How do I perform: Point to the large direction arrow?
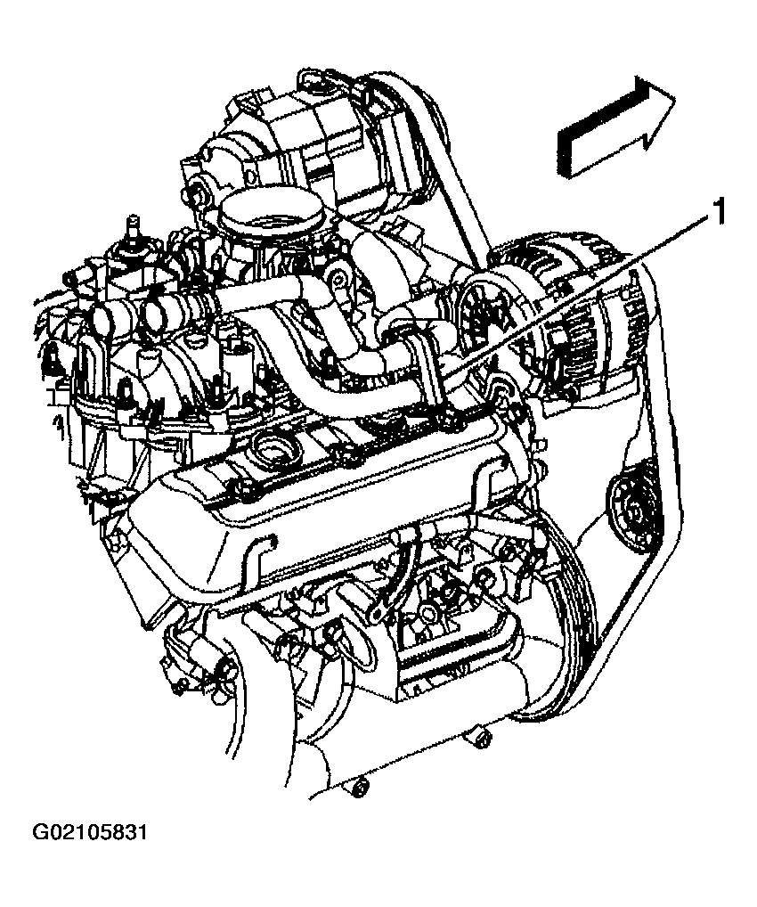pyautogui.click(x=615, y=127)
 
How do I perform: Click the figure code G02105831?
pyautogui.click(x=90, y=832)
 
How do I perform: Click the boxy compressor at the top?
pyautogui.click(x=313, y=139)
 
